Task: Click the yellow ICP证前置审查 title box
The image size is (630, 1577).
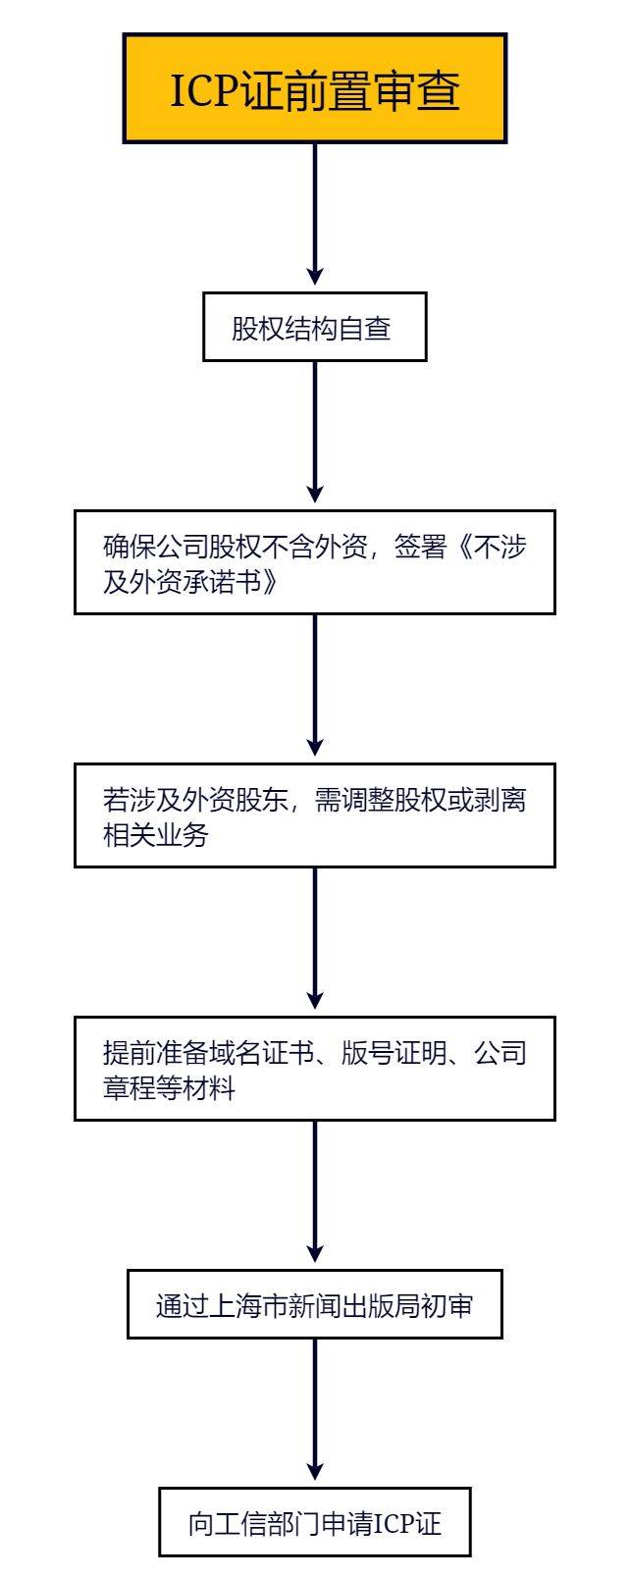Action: tap(315, 88)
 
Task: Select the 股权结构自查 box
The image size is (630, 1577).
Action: tap(315, 328)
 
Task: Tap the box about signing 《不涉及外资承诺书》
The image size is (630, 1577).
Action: tap(315, 562)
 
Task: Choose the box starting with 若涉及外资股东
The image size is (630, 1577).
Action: tap(315, 815)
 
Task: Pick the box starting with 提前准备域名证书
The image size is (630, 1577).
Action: tap(315, 1069)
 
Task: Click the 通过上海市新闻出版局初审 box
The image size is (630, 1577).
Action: tap(315, 1304)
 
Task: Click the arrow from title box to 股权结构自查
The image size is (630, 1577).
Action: tap(315, 215)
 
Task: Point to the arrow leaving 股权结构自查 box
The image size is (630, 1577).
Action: tap(315, 432)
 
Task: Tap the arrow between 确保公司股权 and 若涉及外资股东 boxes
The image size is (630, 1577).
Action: tap(315, 686)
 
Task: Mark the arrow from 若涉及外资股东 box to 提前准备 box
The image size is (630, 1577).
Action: tap(315, 938)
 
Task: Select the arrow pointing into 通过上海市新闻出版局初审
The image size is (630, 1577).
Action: tap(315, 1192)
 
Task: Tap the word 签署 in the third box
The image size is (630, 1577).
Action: tap(420, 547)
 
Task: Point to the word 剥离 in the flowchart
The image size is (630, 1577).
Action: tap(499, 799)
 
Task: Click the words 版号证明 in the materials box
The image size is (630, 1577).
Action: tap(394, 1053)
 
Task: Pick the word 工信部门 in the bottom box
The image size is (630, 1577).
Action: tap(267, 1523)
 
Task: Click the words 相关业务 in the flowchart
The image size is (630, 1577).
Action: tap(156, 835)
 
